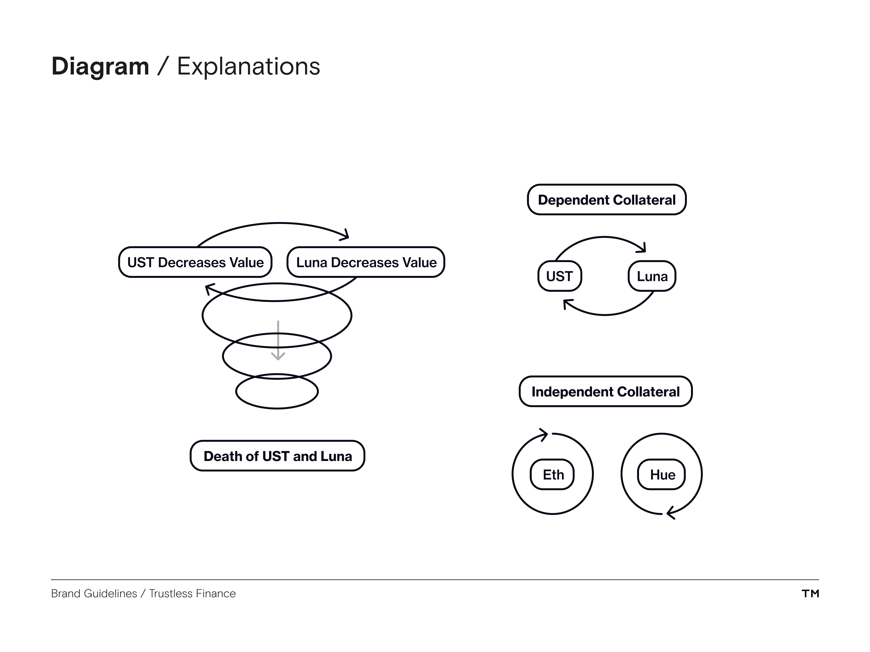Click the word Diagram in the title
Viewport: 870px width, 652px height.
(x=100, y=66)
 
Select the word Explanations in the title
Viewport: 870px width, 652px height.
(x=249, y=66)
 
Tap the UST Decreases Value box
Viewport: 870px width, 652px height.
(x=195, y=262)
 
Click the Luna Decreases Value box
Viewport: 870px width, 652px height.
(x=366, y=262)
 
